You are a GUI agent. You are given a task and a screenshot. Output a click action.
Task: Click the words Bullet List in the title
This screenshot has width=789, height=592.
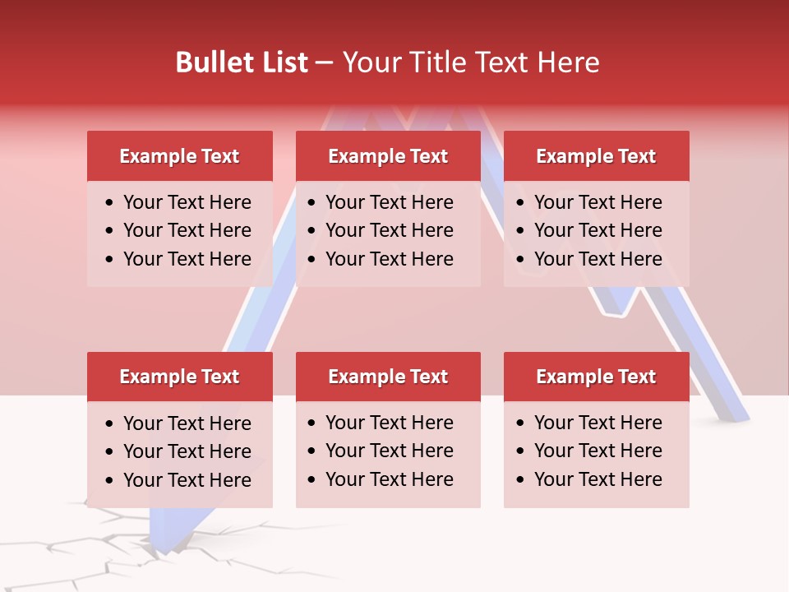(242, 62)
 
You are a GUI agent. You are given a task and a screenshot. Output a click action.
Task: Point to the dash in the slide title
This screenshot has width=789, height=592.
(324, 62)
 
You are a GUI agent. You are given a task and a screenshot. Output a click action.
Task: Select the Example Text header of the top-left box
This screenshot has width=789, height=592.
(179, 156)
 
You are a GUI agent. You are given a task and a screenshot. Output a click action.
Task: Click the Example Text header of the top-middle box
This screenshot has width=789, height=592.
(388, 156)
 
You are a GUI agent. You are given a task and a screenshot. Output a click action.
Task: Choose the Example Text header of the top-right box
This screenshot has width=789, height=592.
(596, 156)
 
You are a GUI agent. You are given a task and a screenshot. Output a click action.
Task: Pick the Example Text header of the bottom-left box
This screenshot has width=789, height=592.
(179, 377)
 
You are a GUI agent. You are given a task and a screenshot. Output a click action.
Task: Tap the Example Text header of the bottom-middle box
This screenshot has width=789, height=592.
(388, 377)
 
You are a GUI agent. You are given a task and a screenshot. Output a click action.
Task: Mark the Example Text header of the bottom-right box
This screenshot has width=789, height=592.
(596, 377)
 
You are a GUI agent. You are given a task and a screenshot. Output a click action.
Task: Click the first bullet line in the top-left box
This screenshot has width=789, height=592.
(187, 202)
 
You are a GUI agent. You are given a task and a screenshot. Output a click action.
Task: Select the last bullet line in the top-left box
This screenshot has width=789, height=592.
(187, 259)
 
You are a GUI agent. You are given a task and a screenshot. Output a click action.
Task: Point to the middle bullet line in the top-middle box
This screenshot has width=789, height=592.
(389, 230)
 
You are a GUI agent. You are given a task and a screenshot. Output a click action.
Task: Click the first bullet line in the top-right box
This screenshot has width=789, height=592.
(598, 202)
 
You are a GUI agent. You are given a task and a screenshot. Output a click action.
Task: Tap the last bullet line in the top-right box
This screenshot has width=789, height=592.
(598, 259)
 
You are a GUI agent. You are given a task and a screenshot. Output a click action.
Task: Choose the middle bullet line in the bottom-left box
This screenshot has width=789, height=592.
(187, 451)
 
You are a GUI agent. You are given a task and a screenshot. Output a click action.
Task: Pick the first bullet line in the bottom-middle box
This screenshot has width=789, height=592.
(389, 423)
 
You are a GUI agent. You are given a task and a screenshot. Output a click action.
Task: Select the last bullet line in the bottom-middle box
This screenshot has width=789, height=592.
(389, 479)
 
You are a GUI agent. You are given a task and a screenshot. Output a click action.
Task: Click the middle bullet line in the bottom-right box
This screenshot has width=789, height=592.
(598, 451)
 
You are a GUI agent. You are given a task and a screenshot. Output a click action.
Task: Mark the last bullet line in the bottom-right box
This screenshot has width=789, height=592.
(598, 479)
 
